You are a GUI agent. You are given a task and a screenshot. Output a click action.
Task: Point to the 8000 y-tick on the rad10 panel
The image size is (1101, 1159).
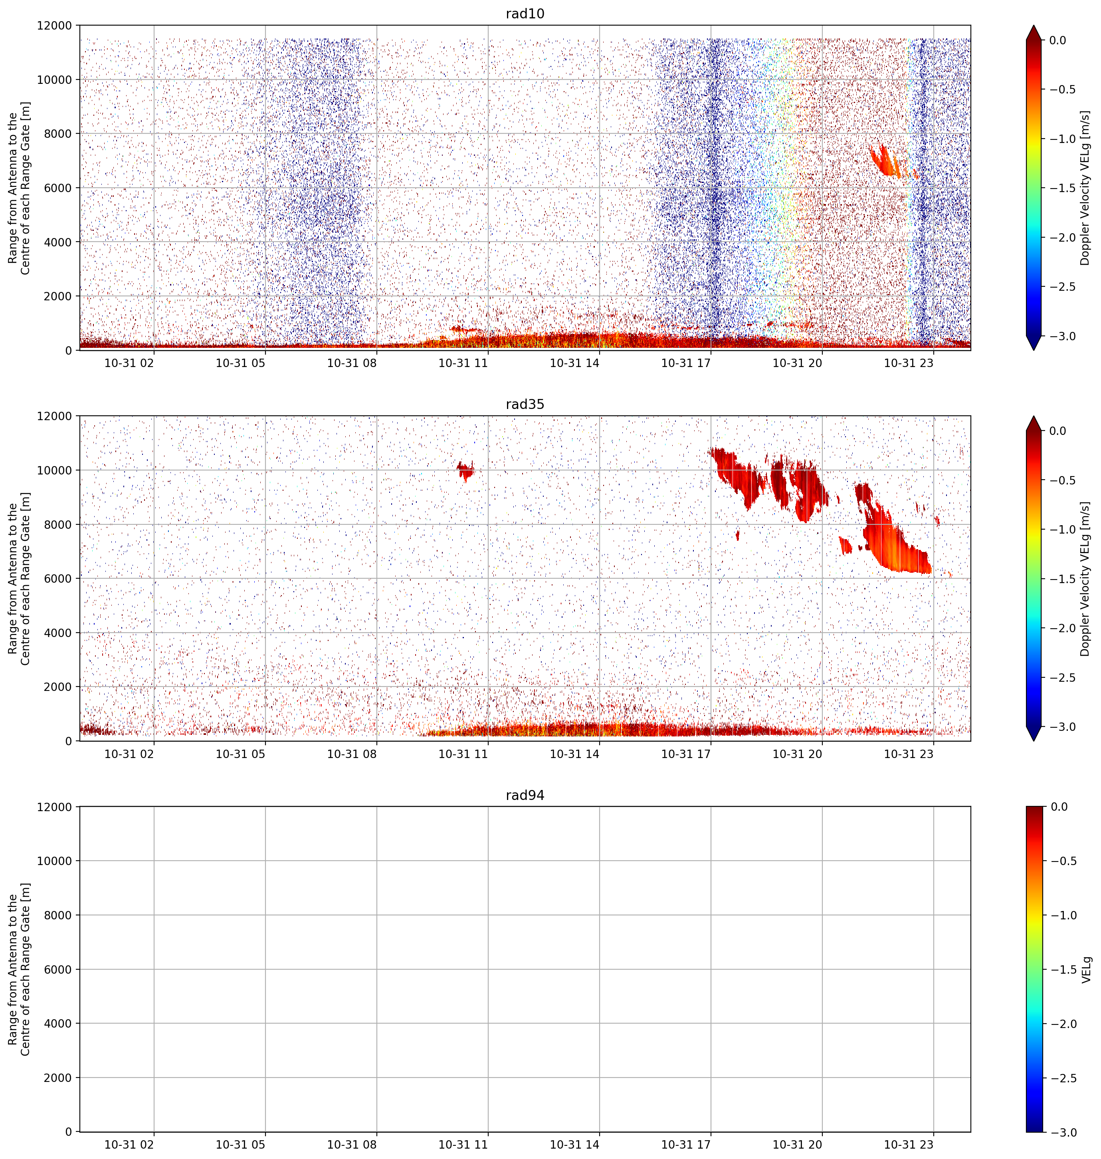coord(58,134)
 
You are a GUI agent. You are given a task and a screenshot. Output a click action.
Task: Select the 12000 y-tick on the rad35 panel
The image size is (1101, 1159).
coord(55,416)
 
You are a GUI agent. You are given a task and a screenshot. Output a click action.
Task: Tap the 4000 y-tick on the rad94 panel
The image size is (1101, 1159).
coord(58,1023)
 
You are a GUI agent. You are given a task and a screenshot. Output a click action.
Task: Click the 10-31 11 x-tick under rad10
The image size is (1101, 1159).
coord(463,363)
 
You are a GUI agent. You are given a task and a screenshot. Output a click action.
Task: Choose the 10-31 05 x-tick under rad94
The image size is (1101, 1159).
coord(241,1144)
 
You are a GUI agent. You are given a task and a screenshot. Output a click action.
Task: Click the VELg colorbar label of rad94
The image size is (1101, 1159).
coord(1086,969)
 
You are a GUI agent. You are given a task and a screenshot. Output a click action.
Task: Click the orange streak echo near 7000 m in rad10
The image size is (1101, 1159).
coord(885,161)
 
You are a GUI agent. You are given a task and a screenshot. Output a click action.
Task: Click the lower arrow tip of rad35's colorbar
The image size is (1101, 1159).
coord(1034,740)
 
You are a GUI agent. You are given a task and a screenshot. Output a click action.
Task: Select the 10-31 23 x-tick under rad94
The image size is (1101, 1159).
coord(909,1144)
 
